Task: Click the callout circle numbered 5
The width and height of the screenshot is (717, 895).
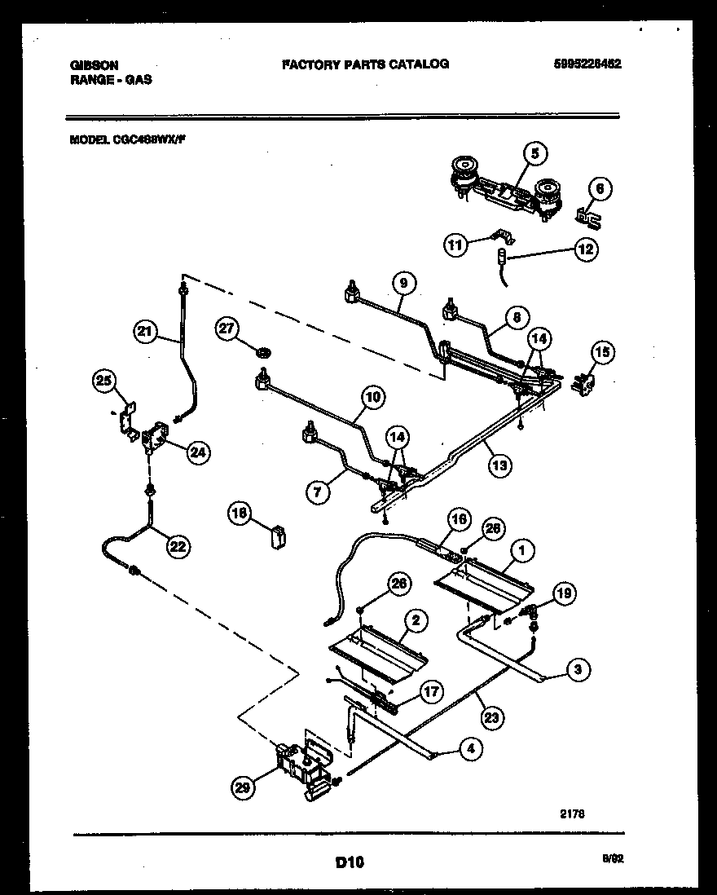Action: [x=534, y=152]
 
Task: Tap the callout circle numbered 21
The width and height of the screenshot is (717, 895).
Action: [x=144, y=331]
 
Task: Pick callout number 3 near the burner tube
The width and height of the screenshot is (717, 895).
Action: [x=577, y=671]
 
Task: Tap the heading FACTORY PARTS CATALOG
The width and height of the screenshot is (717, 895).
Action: [x=364, y=64]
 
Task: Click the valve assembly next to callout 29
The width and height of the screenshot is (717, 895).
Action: [x=306, y=767]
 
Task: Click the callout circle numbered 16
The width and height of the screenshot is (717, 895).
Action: [x=459, y=519]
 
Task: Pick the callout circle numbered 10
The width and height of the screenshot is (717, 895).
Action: [x=372, y=398]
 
